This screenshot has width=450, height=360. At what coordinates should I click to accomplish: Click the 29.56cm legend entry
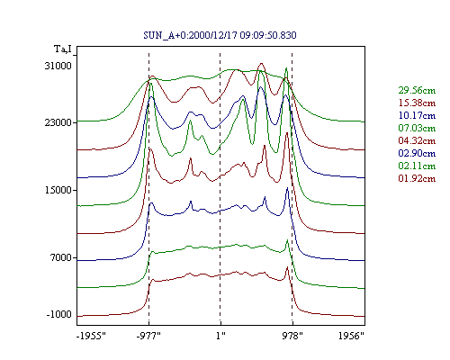point(417,90)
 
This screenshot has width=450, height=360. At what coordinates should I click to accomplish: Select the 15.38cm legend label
point(417,103)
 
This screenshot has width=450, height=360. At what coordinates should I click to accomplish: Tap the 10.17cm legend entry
point(417,115)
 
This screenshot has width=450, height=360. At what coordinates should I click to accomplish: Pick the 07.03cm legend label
point(417,128)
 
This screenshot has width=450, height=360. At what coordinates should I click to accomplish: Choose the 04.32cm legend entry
point(417,140)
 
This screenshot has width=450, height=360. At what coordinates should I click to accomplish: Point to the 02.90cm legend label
point(417,153)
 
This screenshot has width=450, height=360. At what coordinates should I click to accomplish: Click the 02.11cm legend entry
point(417,166)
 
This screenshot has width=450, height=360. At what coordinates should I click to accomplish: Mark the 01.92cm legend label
point(417,178)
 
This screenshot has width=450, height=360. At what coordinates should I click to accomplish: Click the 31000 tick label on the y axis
point(58,66)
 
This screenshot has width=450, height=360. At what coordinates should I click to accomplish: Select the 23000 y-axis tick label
point(58,122)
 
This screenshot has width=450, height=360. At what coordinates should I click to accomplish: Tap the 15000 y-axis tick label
point(58,190)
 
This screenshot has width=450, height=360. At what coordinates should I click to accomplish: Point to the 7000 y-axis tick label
point(61,257)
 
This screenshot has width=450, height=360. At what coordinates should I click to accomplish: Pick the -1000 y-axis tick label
point(59,314)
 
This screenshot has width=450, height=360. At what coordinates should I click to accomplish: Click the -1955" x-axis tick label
point(91,336)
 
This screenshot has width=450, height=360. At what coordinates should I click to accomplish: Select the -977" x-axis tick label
point(148,336)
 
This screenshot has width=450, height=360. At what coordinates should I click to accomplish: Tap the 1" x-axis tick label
point(220,336)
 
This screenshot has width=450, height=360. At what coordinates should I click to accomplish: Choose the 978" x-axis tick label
point(292,336)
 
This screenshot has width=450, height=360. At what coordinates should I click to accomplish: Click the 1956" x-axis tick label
point(351,336)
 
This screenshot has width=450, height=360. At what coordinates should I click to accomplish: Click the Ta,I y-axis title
point(63,49)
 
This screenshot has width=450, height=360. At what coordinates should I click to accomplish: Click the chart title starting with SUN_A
point(220,35)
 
